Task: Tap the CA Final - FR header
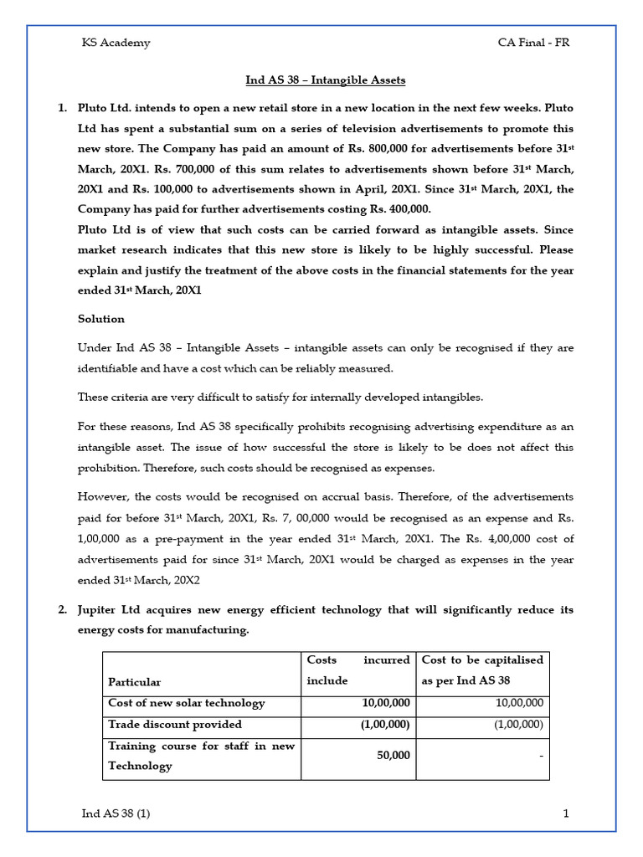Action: (x=532, y=43)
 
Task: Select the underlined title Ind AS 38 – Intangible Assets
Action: (x=325, y=80)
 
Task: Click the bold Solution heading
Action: (x=101, y=319)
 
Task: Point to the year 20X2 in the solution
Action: (x=184, y=580)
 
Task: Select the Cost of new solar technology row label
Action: (x=186, y=703)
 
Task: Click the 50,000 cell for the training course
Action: (x=393, y=755)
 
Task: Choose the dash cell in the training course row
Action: (x=541, y=756)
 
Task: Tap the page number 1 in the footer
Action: (x=566, y=813)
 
